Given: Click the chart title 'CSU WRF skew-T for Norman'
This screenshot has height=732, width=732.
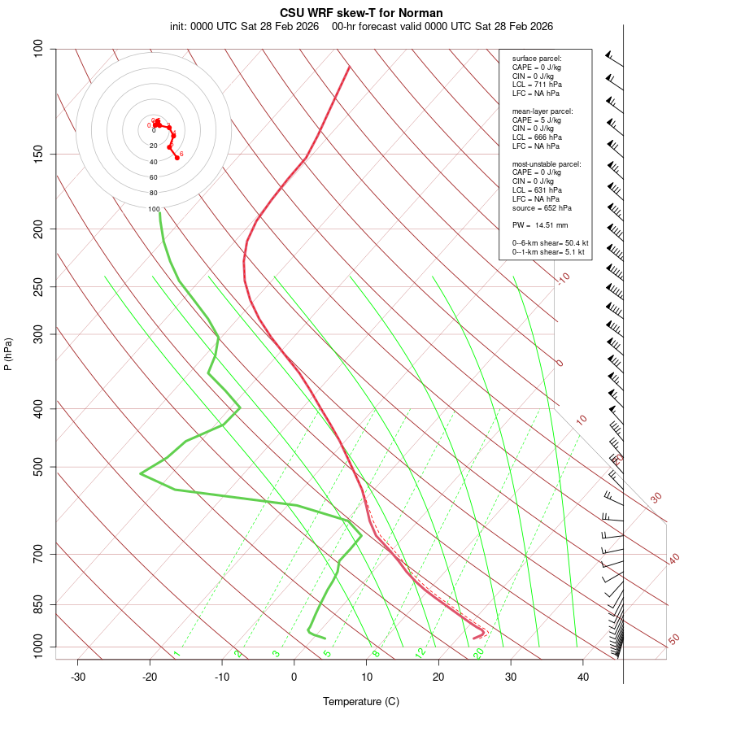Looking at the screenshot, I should click(x=361, y=13).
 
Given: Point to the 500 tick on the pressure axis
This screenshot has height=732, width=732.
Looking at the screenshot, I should click(x=39, y=467).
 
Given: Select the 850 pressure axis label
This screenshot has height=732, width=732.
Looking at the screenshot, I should click(x=39, y=604).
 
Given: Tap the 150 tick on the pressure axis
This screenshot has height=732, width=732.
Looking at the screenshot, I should click(x=39, y=154).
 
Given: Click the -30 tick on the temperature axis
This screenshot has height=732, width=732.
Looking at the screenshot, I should click(x=78, y=678).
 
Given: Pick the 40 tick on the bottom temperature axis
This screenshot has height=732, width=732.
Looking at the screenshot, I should click(x=582, y=678).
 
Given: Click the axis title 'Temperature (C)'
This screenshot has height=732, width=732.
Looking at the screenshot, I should click(x=360, y=701).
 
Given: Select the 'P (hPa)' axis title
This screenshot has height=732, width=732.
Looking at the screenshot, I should click(x=8, y=354).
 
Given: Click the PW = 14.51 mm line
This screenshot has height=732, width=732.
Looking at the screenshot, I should click(x=540, y=225).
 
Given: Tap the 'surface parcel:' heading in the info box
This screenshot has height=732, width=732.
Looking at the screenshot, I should click(x=537, y=59).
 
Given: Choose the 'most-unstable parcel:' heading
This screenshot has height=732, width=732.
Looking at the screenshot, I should click(x=547, y=163).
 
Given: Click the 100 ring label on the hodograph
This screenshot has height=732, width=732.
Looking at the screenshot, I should click(x=154, y=209).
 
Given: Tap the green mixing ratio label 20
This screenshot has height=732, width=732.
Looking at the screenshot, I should click(x=479, y=652).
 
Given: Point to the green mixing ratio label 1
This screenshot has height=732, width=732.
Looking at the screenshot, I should click(x=176, y=654).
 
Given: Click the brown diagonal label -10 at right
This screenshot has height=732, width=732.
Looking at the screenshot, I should click(x=563, y=279).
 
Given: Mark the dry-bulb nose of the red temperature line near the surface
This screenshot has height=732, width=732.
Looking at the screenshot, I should click(x=484, y=631).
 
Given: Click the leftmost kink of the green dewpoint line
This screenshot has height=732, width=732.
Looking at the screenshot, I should click(x=140, y=473).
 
